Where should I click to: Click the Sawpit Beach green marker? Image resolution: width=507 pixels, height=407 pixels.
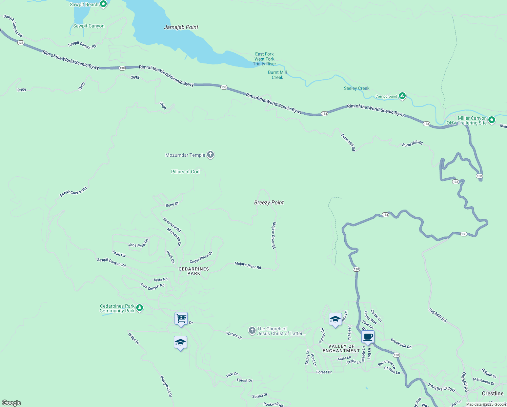pyautogui.click(x=104, y=4)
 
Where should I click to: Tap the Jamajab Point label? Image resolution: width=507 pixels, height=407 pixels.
pyautogui.click(x=181, y=27)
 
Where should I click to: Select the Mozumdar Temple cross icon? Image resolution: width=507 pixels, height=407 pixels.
pyautogui.click(x=210, y=155)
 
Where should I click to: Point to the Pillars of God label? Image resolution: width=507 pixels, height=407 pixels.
pyautogui.click(x=185, y=172)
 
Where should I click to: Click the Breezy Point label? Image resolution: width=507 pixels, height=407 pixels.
pyautogui.click(x=269, y=202)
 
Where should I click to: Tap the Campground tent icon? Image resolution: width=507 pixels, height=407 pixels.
pyautogui.click(x=402, y=96)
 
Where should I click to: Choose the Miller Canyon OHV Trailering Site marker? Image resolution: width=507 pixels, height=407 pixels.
pyautogui.click(x=492, y=120)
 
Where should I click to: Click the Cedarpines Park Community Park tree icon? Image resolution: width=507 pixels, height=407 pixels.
pyautogui.click(x=140, y=308)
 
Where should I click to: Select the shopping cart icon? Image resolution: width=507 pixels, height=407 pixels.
pyautogui.click(x=181, y=318)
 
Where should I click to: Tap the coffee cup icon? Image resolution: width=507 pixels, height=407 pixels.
pyautogui.click(x=368, y=337)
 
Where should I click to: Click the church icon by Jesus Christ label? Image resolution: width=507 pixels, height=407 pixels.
pyautogui.click(x=252, y=331)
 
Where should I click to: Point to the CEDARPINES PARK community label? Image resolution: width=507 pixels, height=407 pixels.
pyautogui.click(x=194, y=271)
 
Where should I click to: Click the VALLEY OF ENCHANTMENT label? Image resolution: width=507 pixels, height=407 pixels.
pyautogui.click(x=341, y=348)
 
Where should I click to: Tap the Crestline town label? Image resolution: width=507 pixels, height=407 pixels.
pyautogui.click(x=492, y=393)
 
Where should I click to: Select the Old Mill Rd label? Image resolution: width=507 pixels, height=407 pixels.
pyautogui.click(x=437, y=315)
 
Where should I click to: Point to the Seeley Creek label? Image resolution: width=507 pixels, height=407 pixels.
pyautogui.click(x=357, y=88)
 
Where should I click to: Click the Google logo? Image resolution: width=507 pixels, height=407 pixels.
pyautogui.click(x=12, y=403)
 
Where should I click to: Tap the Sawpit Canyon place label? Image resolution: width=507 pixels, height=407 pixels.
pyautogui.click(x=89, y=26)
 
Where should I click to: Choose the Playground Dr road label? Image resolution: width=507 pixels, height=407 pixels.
pyautogui.click(x=166, y=386)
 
